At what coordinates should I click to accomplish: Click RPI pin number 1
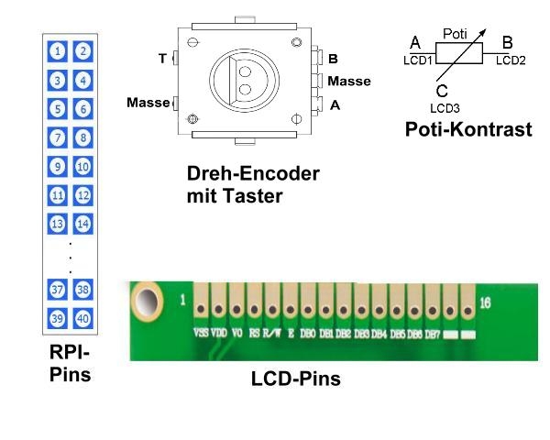(x=58, y=51)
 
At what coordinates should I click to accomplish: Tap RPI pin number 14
(x=82, y=223)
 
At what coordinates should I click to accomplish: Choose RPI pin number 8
(x=82, y=137)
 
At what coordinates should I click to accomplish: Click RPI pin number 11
(x=58, y=194)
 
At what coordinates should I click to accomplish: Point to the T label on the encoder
(x=162, y=59)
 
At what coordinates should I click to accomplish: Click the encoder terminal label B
(x=333, y=59)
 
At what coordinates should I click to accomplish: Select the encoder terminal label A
(x=335, y=105)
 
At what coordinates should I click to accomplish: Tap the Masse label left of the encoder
(x=148, y=103)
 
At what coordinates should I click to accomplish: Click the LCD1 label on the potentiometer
(x=417, y=60)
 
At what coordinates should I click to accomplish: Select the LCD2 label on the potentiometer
(x=511, y=60)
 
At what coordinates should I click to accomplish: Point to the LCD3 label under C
(x=444, y=107)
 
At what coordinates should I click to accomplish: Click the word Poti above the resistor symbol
(x=456, y=33)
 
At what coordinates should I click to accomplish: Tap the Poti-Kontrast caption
(x=467, y=129)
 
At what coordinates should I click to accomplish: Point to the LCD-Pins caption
(x=295, y=378)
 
